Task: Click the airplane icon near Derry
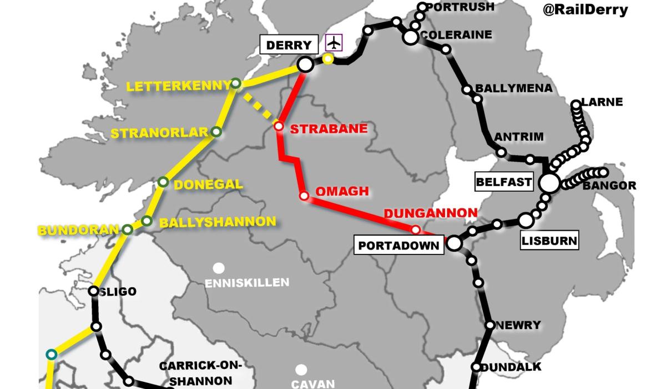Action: [x=334, y=43]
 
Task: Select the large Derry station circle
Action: [x=305, y=65]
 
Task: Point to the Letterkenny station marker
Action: [x=236, y=84]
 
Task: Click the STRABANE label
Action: [x=329, y=128]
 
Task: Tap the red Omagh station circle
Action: [x=304, y=196]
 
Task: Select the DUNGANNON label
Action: [x=430, y=213]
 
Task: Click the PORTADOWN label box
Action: [x=399, y=245]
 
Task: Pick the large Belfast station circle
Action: [x=549, y=183]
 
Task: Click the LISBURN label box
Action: [x=549, y=241]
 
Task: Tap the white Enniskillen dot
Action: [x=219, y=268]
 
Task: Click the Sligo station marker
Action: [x=94, y=291]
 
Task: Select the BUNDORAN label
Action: [x=78, y=230]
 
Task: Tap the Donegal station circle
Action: [x=163, y=182]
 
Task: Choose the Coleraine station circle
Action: [x=410, y=37]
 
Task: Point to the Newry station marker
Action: [x=490, y=325]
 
